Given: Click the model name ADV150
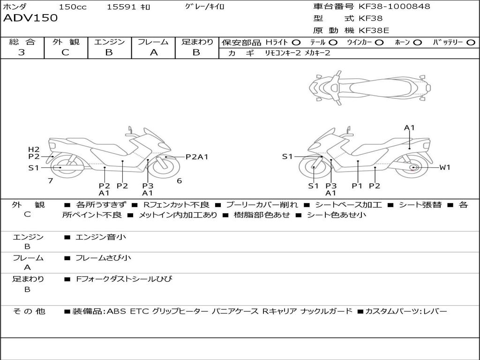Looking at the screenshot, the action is coord(30,18).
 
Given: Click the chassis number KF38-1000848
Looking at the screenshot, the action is coord(394,7).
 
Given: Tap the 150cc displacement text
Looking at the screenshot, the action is coord(73,7).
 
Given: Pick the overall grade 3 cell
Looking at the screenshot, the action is coord(22,52).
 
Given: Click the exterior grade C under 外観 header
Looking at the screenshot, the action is coord(66,52).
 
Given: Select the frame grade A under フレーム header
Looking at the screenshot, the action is coord(154,52).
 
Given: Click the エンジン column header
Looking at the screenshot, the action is coord(109,42).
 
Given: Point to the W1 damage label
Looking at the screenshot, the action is coord(444,167).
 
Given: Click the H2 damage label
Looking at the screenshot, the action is coord(34,150).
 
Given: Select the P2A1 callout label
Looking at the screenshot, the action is coord(196,157).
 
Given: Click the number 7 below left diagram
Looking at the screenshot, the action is coord(50,180).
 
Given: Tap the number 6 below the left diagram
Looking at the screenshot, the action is coord(179,180).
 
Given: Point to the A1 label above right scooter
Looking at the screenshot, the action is coord(410,127).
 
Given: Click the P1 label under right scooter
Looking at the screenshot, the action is coord(358,186).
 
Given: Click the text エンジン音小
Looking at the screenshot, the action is coord(101,237).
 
